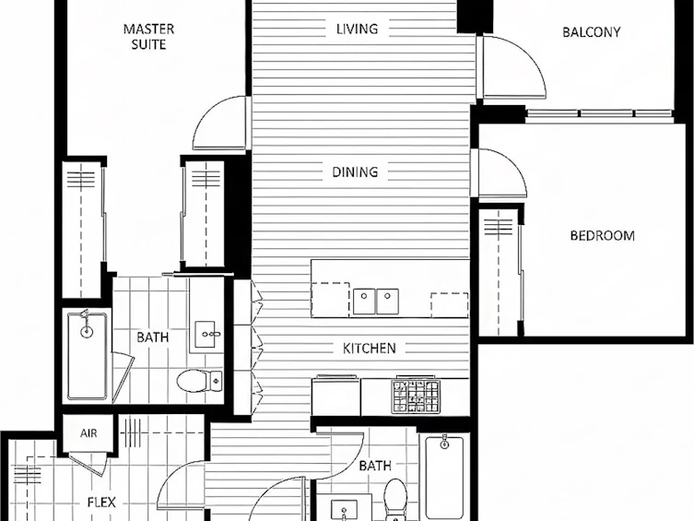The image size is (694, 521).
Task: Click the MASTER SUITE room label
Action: click(148, 37)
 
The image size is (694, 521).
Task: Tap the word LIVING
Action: click(358, 29)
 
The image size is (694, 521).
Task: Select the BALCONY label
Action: click(592, 32)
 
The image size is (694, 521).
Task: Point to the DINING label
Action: click(355, 172)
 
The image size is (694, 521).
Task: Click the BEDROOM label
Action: click(603, 235)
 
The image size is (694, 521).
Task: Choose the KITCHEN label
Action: click(370, 349)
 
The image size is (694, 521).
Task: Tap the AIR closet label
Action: click(88, 432)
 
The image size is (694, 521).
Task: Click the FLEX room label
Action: click(101, 503)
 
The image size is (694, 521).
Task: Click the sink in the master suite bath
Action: click(207, 334)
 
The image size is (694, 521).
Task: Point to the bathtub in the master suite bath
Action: click(88, 356)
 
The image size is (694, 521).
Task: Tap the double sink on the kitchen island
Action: click(376, 301)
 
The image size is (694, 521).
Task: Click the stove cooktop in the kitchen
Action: click(415, 396)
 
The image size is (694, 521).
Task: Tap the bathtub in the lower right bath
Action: click(444, 477)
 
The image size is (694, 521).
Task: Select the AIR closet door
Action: click(88, 464)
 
